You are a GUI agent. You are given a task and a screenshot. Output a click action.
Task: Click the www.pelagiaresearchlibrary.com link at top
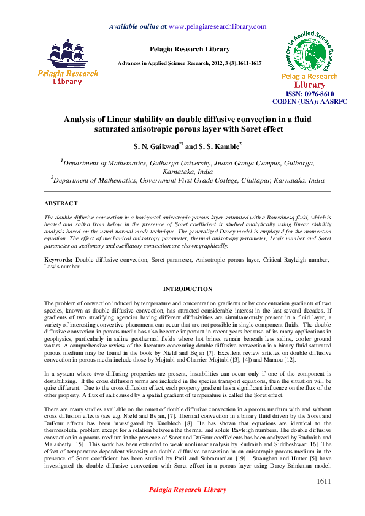217,26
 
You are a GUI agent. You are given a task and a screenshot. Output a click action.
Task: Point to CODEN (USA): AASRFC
309,101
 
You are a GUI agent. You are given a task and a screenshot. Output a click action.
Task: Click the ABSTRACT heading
61,203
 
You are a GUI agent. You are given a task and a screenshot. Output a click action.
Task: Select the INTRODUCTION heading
187,289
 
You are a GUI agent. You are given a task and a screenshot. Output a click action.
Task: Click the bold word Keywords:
58,260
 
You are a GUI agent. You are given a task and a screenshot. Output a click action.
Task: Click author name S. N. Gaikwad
155,146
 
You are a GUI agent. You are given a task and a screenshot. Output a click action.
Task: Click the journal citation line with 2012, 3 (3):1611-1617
190,64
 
